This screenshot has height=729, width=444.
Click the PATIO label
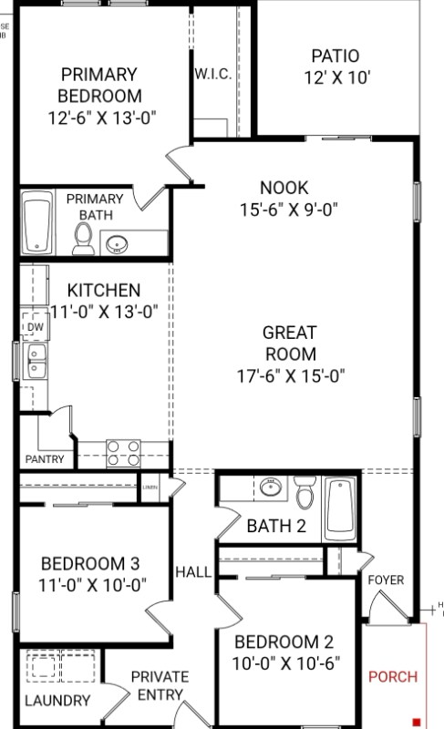pos(335,56)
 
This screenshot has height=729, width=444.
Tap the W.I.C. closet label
pos(212,74)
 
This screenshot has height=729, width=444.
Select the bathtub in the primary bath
pos(37,223)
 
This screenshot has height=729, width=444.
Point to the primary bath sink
pos(117,243)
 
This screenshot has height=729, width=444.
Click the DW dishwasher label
pos(35,327)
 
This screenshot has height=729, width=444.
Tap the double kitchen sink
pos(36,362)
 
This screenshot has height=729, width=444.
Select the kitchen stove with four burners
pos(123,453)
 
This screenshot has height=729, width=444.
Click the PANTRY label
pos(45,459)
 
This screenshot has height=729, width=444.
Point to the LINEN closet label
pos(150,488)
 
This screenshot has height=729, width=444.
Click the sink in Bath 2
pos(270,488)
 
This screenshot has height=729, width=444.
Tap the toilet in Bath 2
pos(305,496)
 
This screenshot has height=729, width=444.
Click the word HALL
pos(193,572)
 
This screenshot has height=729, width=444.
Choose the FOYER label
pos(386,580)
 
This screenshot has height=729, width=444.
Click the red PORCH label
pos(392,677)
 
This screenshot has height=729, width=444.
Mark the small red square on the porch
pos(416,721)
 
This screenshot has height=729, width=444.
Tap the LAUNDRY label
pos(57,701)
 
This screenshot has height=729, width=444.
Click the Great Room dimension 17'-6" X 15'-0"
pos(290,375)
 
